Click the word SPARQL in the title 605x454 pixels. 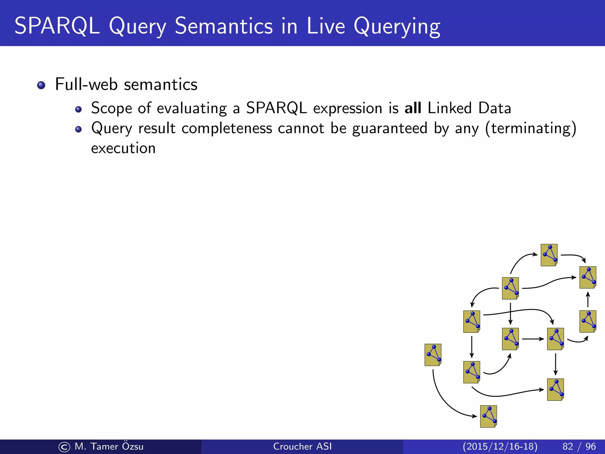pyautogui.click(x=57, y=26)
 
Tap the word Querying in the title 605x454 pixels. pyautogui.click(x=397, y=27)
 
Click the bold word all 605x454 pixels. pyautogui.click(x=413, y=108)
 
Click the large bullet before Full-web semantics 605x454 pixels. pyautogui.click(x=41, y=85)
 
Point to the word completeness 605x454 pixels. pyautogui.click(x=227, y=128)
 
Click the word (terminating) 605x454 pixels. pyautogui.click(x=531, y=128)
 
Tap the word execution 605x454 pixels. pyautogui.click(x=123, y=148)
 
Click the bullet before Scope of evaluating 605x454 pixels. pyautogui.click(x=78, y=110)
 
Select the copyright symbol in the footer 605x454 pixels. pyautogui.click(x=64, y=447)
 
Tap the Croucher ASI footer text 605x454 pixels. pyautogui.click(x=302, y=446)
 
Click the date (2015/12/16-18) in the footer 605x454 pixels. pyautogui.click(x=500, y=446)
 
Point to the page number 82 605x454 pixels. pyautogui.click(x=567, y=446)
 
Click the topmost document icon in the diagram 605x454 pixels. pyautogui.click(x=549, y=255)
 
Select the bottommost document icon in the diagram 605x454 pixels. pyautogui.click(x=488, y=416)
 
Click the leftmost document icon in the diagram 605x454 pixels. pyautogui.click(x=433, y=355)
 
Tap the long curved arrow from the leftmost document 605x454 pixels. pyautogui.click(x=443, y=399)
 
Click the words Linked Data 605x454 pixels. pyautogui.click(x=469, y=108)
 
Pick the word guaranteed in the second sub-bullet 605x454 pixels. pyautogui.click(x=390, y=128)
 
